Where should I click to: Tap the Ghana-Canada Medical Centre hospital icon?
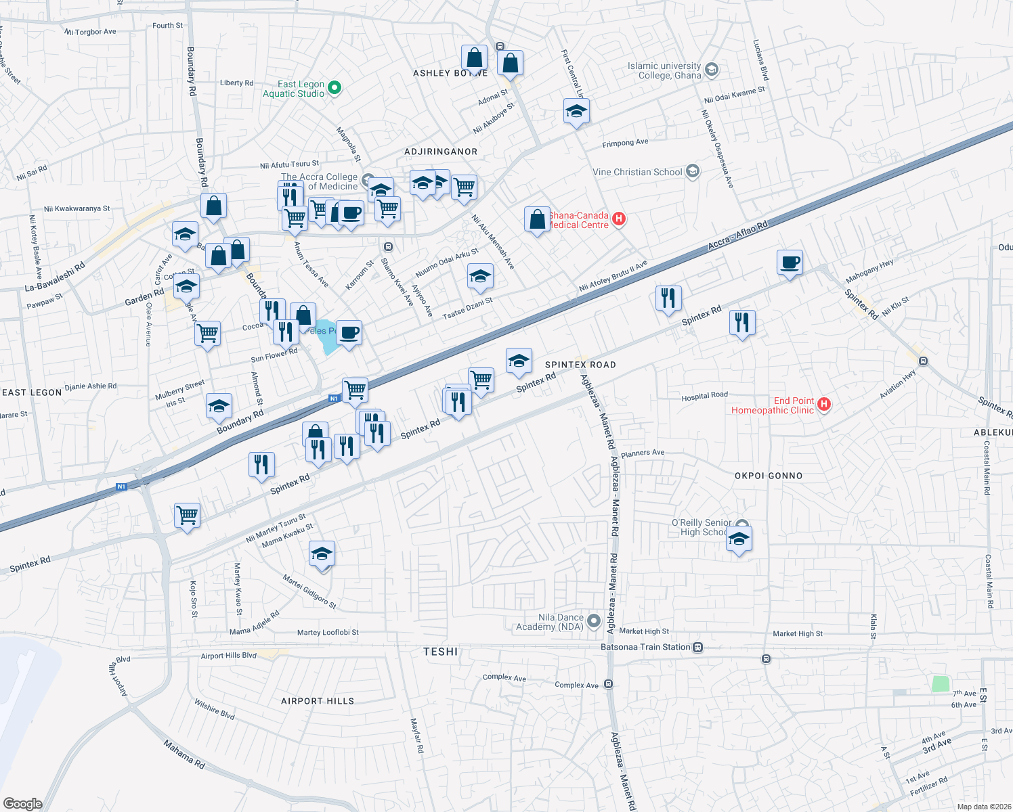618,219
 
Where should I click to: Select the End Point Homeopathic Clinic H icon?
823,405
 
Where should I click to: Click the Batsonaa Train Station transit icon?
698,648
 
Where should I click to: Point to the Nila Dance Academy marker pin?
594,621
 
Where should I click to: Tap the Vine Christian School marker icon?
692,172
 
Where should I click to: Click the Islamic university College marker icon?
711,70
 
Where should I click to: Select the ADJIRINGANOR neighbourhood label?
441,152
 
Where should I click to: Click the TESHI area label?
441,652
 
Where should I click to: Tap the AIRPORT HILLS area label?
318,701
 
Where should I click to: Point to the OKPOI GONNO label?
769,476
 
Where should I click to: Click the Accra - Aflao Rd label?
738,235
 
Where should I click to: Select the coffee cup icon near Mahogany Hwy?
790,262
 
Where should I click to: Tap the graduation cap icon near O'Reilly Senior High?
739,539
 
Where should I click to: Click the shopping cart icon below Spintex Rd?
187,515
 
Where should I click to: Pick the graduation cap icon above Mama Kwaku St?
322,555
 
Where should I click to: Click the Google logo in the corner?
22,803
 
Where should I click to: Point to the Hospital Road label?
704,396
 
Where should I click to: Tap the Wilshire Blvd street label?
215,710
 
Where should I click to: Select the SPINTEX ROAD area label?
580,365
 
